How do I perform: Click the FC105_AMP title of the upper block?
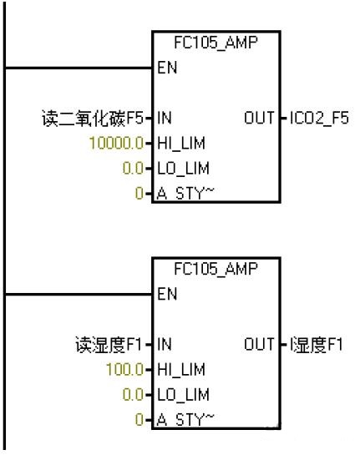215,43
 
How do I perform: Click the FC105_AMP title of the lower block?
215,269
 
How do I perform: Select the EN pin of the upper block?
167,68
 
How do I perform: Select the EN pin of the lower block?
167,294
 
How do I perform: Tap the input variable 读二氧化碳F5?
93,118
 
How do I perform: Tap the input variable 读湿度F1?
109,345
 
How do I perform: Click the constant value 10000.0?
116,143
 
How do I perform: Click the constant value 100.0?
125,369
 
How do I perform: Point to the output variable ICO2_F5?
319,118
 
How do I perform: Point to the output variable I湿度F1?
317,345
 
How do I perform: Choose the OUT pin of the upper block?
259,118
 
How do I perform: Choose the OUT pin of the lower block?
259,344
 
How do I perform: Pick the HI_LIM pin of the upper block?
181,144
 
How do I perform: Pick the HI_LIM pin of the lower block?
181,370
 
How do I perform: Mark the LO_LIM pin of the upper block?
183,169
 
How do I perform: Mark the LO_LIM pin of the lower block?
183,395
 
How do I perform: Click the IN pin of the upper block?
165,118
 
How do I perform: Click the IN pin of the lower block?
165,344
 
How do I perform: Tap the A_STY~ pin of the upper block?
185,193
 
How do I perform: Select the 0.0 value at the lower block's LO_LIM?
133,395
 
